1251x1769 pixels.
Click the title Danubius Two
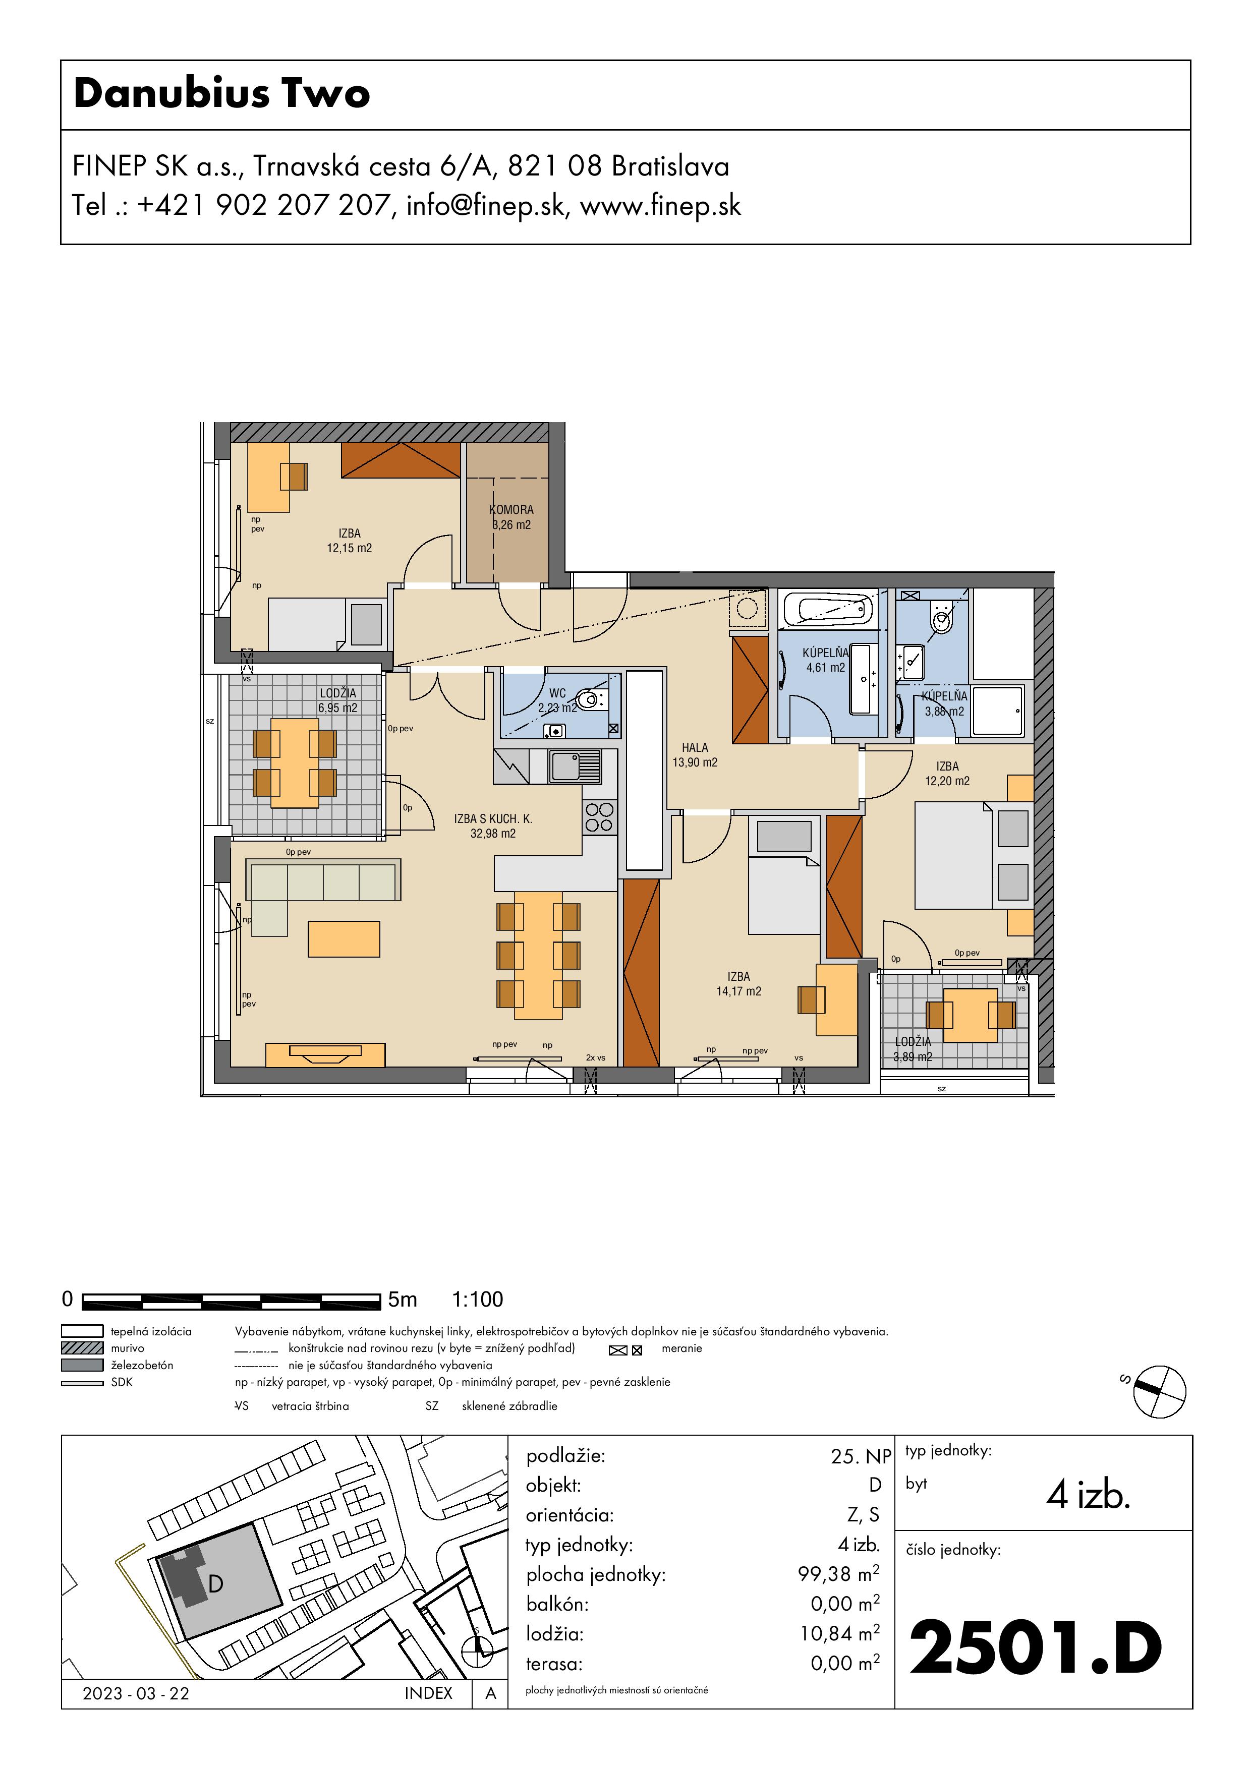222,93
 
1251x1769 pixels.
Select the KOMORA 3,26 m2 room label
511,517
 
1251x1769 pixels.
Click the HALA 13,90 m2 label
695,755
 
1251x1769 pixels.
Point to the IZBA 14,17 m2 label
738,984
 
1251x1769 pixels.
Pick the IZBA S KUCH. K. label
493,818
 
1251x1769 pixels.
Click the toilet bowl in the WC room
591,699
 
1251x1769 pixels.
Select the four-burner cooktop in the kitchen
599,817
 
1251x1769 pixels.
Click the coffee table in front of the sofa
344,939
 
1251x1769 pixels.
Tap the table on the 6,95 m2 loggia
295,763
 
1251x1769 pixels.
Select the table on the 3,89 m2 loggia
971,1016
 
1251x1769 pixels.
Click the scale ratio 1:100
477,1300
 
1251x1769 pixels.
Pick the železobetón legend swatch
82,1365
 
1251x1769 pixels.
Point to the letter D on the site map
216,1584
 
